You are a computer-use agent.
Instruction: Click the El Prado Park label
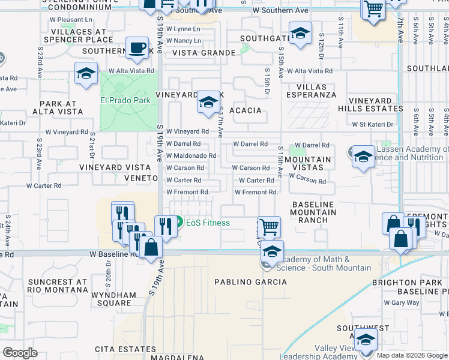(125, 100)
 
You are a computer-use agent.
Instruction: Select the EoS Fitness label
(208, 223)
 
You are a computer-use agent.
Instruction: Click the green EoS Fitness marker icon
(179, 223)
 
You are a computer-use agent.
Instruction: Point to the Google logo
(20, 353)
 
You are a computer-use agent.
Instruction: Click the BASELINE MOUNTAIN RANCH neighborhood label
(313, 212)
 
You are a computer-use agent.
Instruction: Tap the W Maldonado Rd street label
(191, 156)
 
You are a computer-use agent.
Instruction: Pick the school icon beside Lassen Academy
(363, 157)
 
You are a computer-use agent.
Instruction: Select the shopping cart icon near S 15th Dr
(270, 227)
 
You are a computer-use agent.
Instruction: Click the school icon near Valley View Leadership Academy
(366, 340)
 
